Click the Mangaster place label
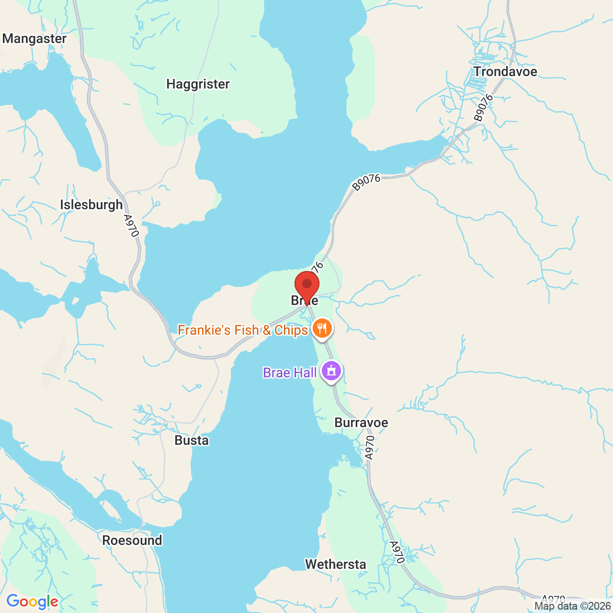(x=34, y=39)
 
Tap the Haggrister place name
(x=198, y=84)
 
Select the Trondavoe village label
(x=505, y=72)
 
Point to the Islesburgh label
(x=91, y=205)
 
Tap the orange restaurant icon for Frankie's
(x=323, y=329)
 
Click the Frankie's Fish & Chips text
(x=242, y=330)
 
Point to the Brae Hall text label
(x=290, y=373)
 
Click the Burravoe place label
(x=361, y=422)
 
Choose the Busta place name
(x=192, y=440)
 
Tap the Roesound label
(x=132, y=540)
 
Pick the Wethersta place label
(x=336, y=564)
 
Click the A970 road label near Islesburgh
(x=131, y=226)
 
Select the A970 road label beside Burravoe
(x=369, y=448)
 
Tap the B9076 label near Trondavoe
(x=483, y=108)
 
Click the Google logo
(x=32, y=602)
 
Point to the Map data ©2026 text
(x=573, y=606)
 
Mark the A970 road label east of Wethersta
(x=397, y=552)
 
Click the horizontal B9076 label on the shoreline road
(x=366, y=182)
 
